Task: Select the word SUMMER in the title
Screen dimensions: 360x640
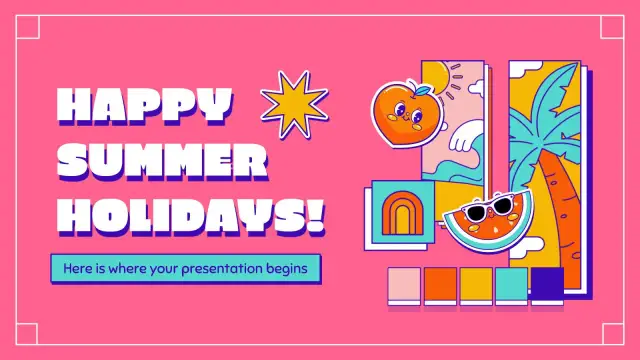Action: tap(162, 161)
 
